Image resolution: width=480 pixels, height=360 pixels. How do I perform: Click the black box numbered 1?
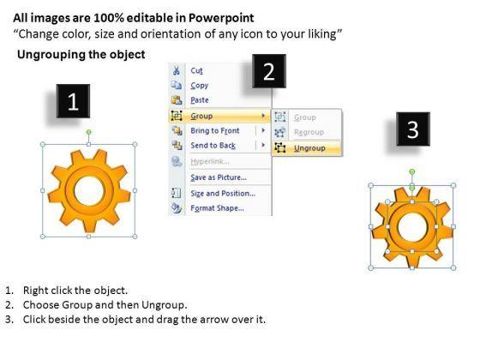73,101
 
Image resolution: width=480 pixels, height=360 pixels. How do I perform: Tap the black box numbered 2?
269,71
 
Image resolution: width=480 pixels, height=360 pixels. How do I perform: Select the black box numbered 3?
413,129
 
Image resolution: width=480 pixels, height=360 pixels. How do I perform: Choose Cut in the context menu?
196,70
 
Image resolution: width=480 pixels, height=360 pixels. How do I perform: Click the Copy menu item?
199,86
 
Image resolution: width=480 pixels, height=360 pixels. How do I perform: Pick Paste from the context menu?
200,100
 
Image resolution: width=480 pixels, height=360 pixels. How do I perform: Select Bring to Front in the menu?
215,130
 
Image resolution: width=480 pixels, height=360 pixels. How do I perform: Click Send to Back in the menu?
213,146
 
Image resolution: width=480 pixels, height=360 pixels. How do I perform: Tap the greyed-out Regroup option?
309,132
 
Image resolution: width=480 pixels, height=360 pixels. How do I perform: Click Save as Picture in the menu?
219,177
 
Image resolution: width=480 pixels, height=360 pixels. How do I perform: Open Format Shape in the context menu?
217,208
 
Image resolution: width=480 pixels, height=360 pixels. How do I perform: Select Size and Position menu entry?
223,194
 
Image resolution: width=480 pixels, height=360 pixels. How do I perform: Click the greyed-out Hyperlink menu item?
210,161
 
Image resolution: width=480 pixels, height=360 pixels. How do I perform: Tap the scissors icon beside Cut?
177,70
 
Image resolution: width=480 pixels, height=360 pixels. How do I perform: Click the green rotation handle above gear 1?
88,132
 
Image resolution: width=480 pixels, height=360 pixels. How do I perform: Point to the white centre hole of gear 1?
89,190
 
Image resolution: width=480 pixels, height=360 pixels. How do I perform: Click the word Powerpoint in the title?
221,18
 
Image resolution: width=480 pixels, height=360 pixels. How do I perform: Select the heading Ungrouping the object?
81,55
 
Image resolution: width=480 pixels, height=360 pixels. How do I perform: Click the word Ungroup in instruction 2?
164,305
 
